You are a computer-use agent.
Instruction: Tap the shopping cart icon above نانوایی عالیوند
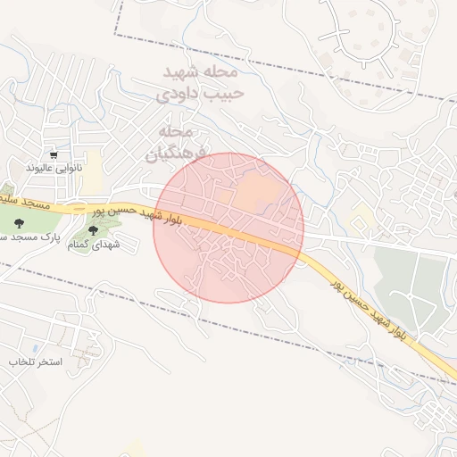(54, 154)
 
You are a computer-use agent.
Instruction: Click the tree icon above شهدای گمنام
(94, 230)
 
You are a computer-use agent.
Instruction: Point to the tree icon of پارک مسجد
(20, 224)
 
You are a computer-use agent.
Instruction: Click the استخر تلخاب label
(33, 362)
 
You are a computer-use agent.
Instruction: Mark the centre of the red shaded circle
(228, 228)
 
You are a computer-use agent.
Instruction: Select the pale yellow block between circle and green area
(361, 217)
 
